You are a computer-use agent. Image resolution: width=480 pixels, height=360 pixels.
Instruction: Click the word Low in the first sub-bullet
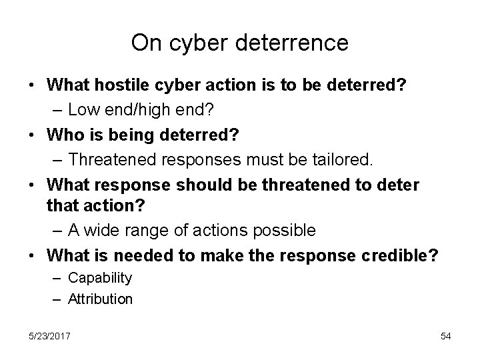(83, 107)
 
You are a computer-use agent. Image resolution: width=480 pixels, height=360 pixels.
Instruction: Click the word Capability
(100, 277)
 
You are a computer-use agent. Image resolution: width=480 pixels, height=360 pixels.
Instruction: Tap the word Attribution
(100, 299)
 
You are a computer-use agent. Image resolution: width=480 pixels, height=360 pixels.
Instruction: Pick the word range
(146, 230)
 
